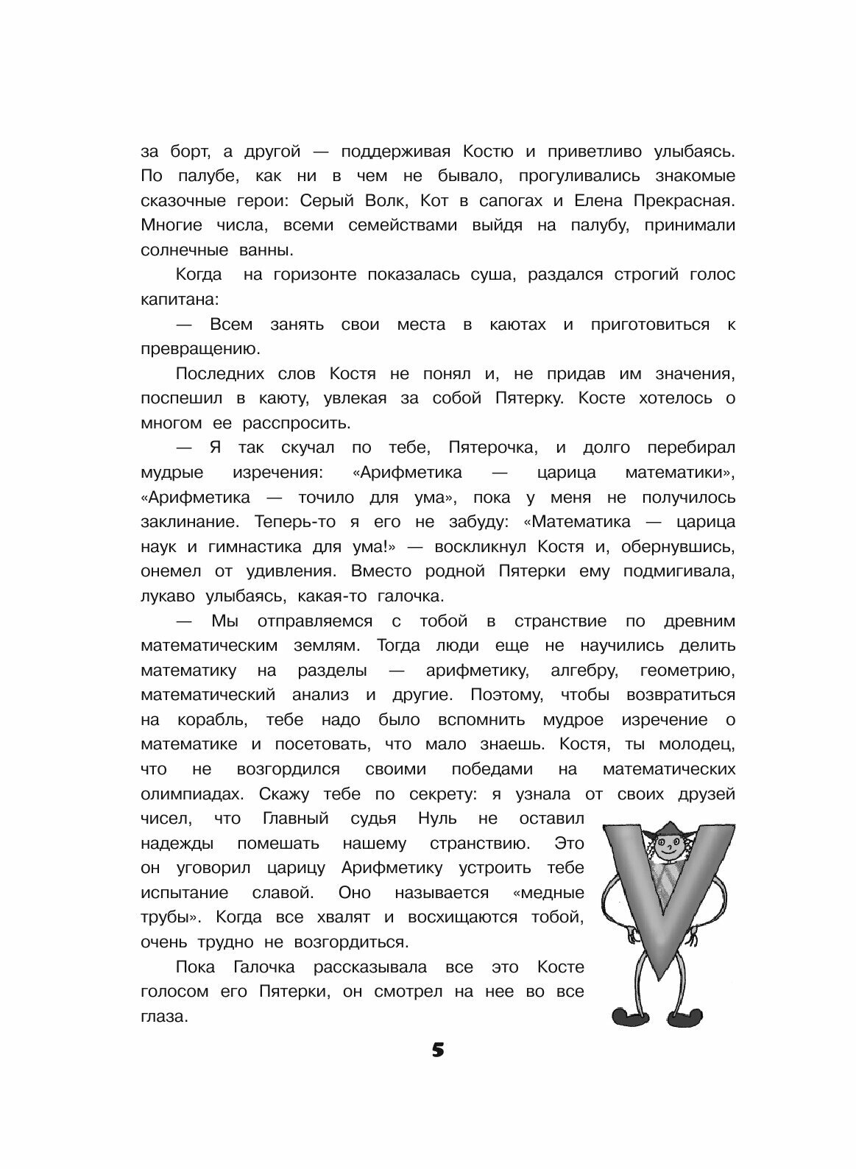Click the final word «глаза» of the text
pyautogui.click(x=163, y=1016)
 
